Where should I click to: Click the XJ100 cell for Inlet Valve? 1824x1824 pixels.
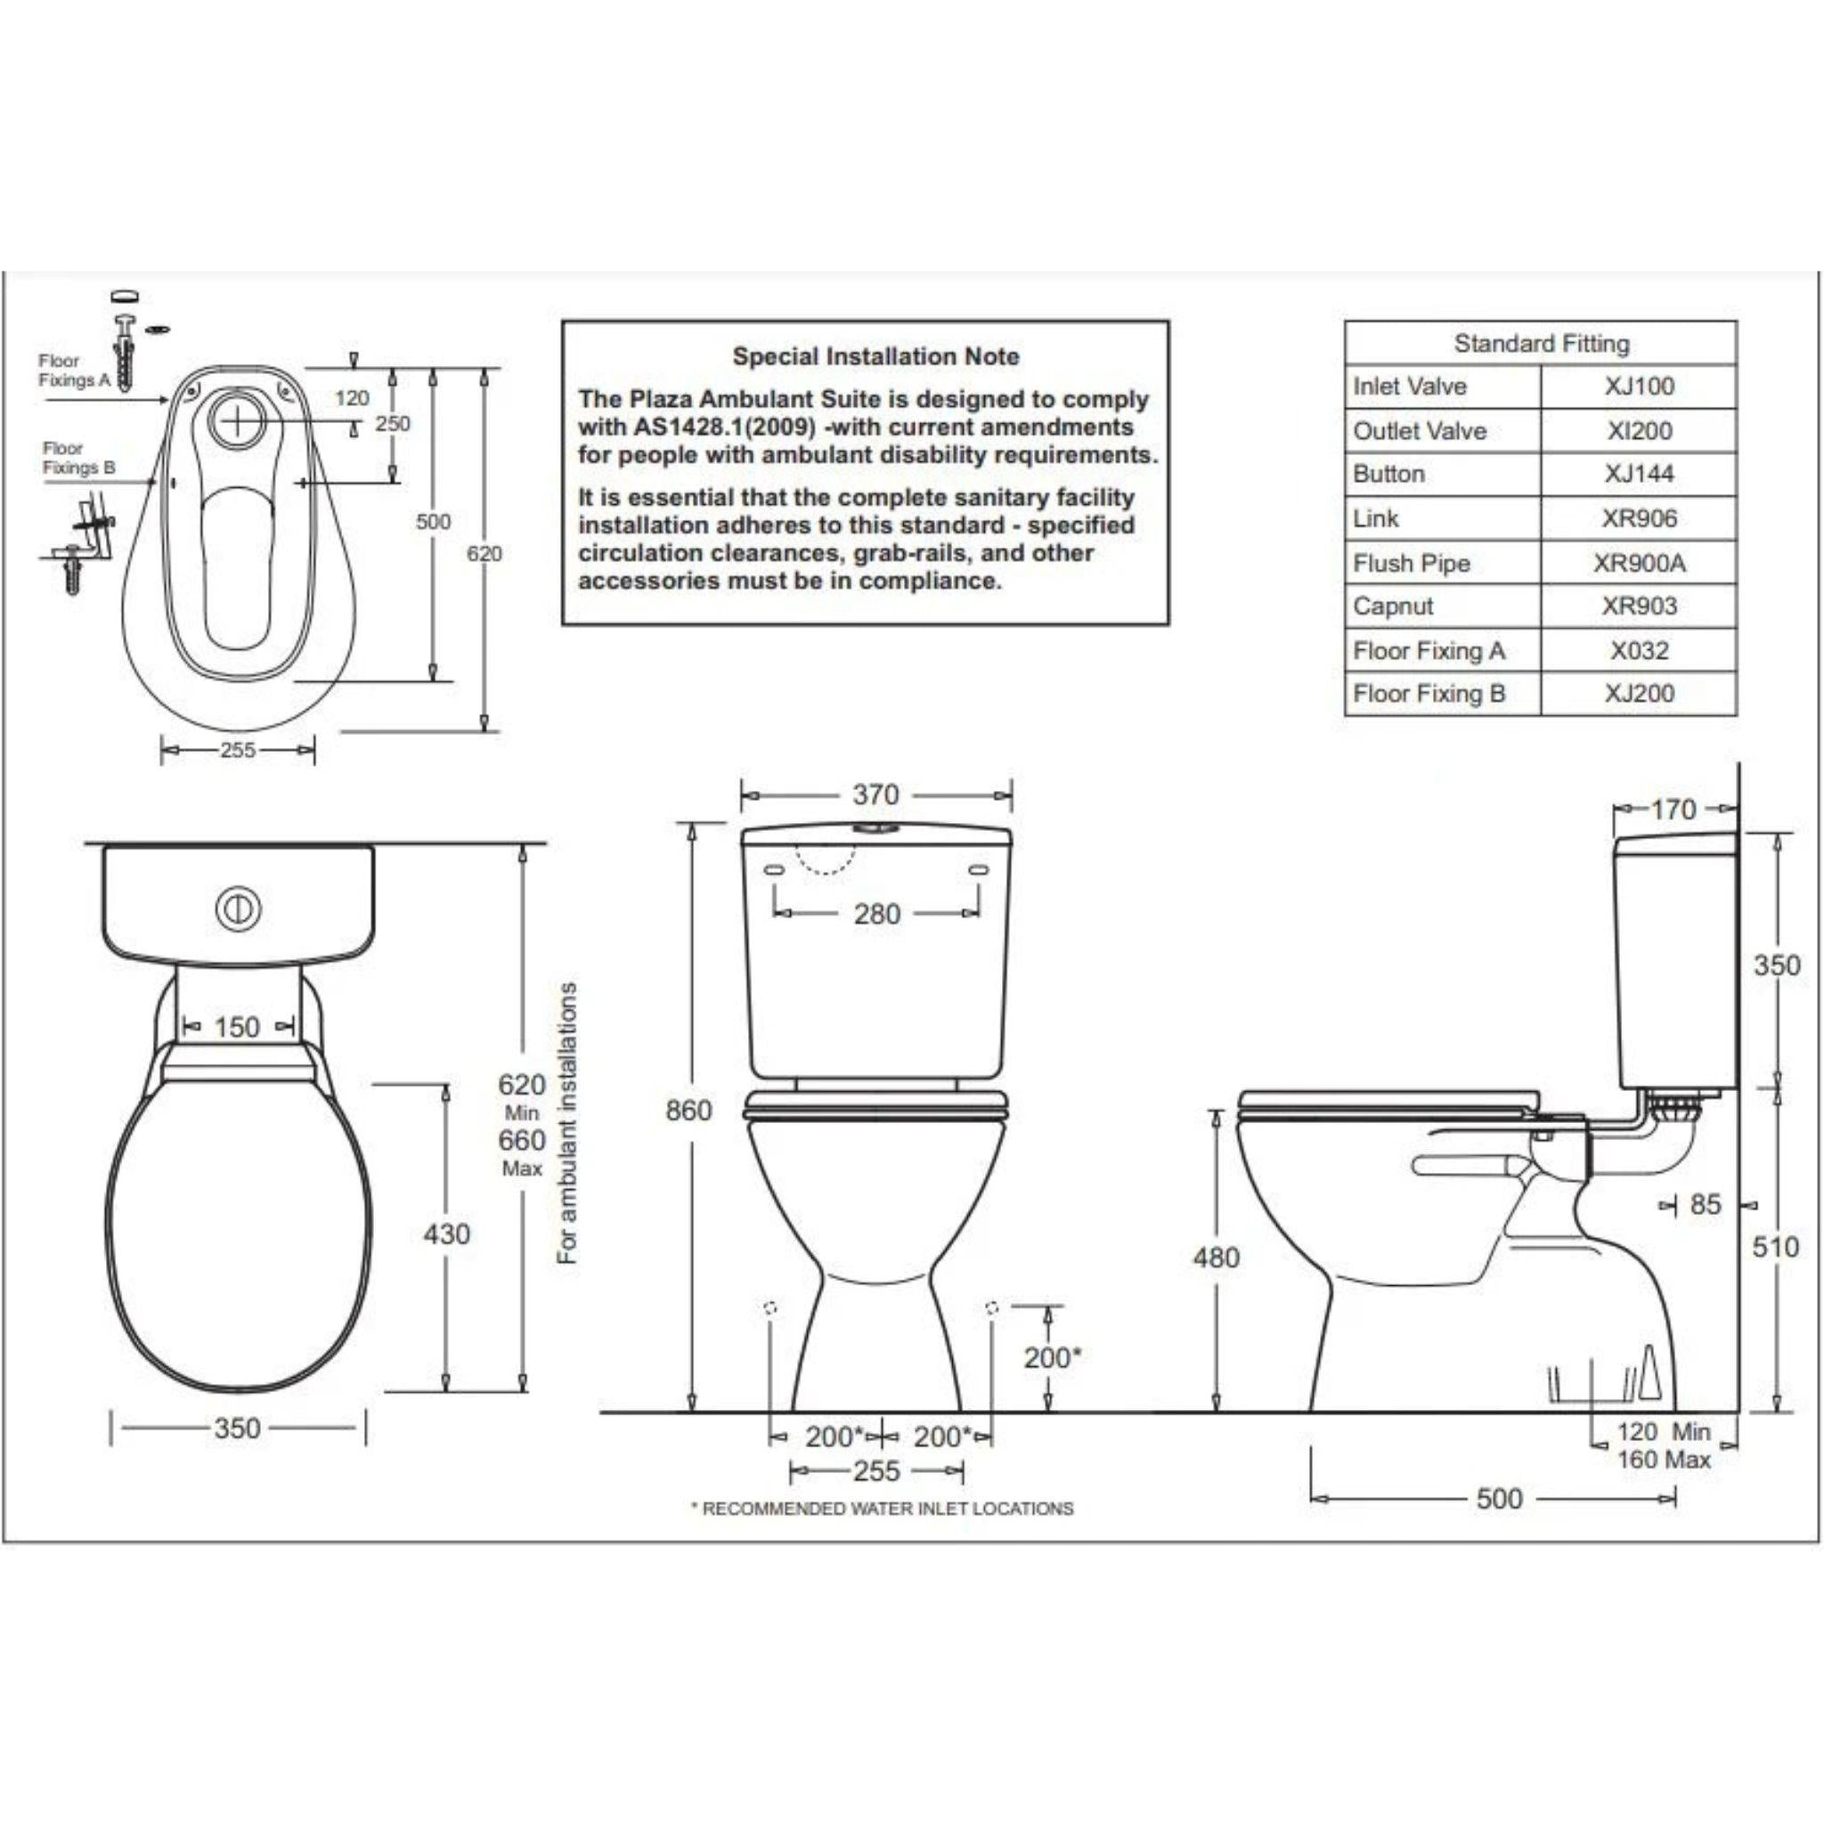tap(1638, 387)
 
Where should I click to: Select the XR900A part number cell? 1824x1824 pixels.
tap(1638, 563)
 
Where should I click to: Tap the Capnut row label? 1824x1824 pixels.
tap(1393, 607)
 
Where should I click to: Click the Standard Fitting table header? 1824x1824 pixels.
tap(1541, 344)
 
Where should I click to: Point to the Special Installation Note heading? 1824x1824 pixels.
tap(875, 357)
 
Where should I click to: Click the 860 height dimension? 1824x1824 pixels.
tap(688, 1111)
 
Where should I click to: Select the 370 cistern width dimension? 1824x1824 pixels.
tap(875, 795)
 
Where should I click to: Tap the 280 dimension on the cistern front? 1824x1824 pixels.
tap(877, 914)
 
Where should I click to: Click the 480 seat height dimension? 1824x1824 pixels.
tap(1216, 1258)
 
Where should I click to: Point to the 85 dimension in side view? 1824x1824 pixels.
tap(1705, 1205)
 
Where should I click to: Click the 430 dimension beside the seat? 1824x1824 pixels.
tap(446, 1234)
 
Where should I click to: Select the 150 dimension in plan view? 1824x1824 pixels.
tap(236, 1026)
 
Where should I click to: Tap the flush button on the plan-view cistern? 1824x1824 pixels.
tap(238, 909)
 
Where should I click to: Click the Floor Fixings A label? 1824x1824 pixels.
tap(74, 370)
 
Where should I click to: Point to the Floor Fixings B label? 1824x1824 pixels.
tap(78, 458)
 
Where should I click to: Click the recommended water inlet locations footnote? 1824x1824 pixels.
tap(883, 1509)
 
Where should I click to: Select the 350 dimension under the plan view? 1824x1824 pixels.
tap(237, 1428)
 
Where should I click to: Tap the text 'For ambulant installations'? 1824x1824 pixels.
tap(566, 1123)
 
